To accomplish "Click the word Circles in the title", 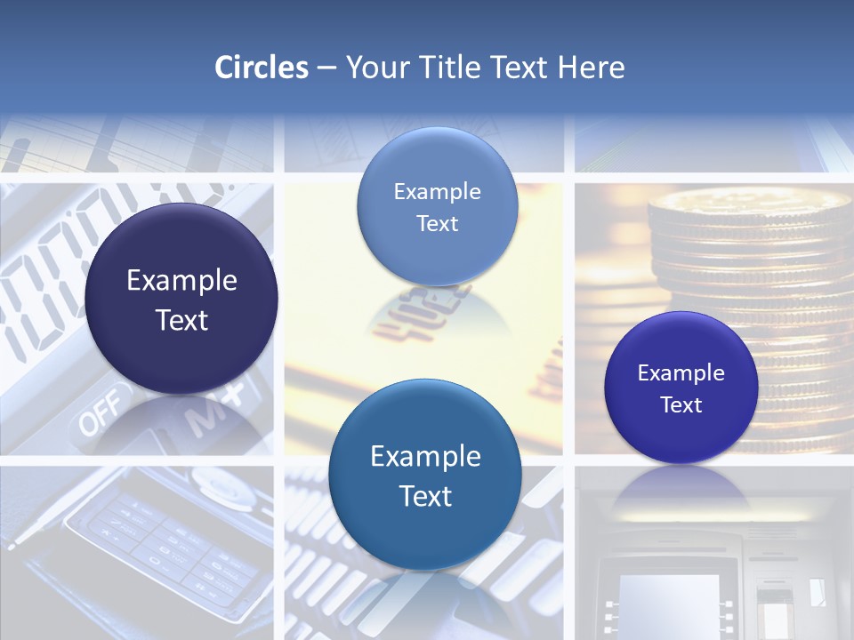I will click(261, 68).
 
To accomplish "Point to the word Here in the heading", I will click(592, 68).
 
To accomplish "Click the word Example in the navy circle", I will click(181, 281).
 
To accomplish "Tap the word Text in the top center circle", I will click(437, 223).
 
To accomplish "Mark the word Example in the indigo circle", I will click(681, 372).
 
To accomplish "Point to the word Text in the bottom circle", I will click(425, 496).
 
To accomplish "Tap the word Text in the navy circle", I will click(181, 320).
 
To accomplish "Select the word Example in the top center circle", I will click(437, 191).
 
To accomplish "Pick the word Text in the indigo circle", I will click(681, 404).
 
